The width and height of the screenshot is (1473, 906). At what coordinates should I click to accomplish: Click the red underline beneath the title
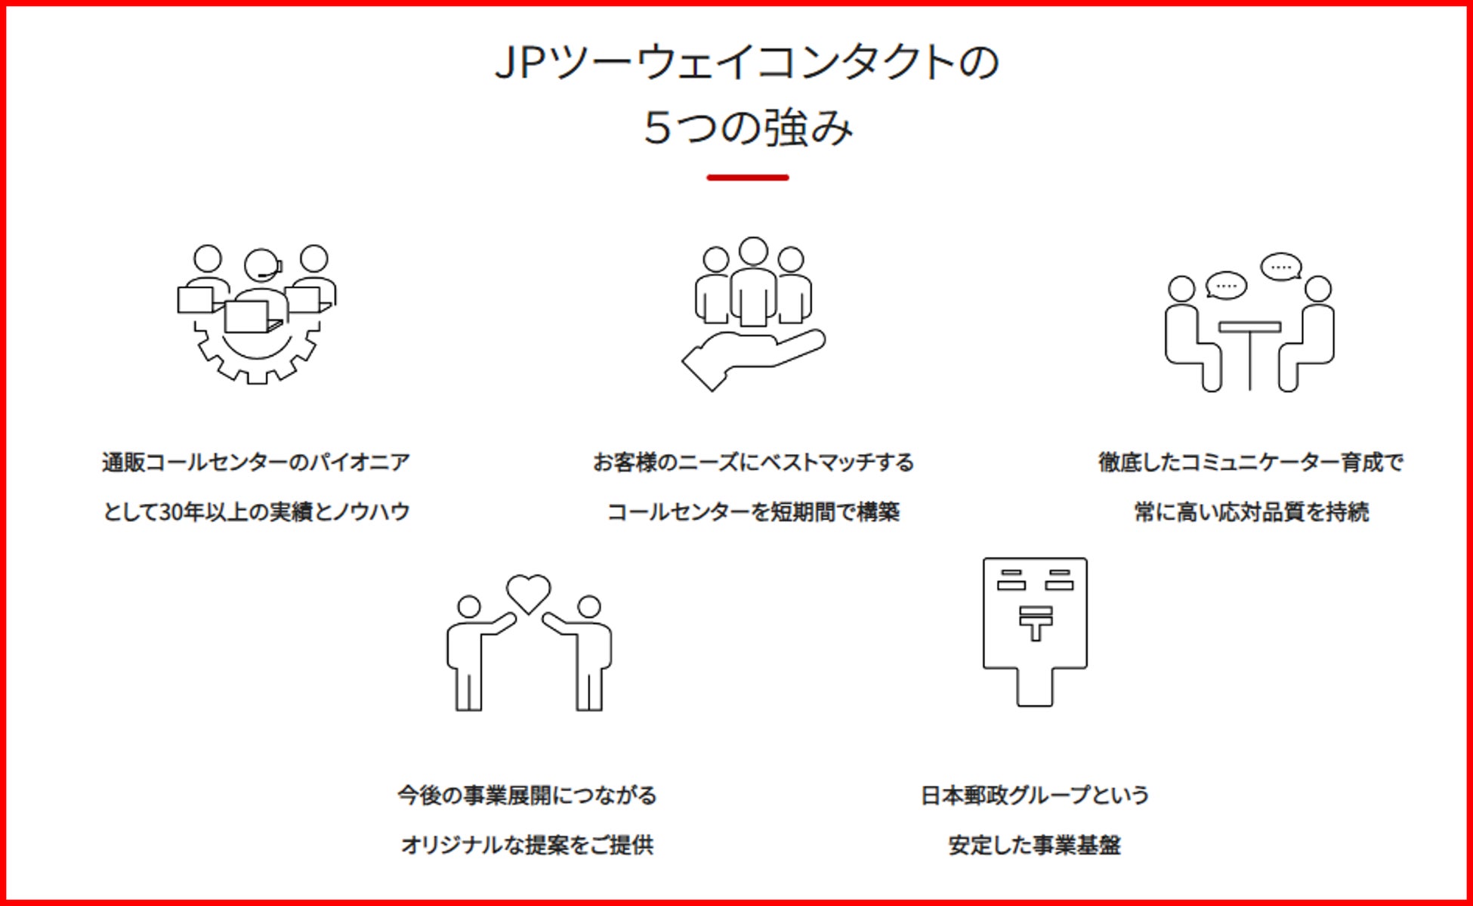(747, 178)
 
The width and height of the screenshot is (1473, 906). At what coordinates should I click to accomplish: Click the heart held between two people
(528, 592)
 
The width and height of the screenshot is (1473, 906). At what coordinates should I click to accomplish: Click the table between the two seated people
(1249, 327)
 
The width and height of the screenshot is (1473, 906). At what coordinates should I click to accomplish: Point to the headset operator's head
(261, 265)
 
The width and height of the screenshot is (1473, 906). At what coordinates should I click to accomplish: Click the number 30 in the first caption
(171, 512)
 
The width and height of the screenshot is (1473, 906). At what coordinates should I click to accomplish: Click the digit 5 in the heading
(657, 127)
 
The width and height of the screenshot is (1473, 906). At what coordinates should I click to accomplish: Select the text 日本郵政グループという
(1035, 795)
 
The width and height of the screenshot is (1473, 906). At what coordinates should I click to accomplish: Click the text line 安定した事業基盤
(1034, 845)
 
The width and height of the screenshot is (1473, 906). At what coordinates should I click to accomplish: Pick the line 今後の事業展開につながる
(527, 795)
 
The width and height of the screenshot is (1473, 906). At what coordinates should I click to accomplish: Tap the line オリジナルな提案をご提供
(527, 845)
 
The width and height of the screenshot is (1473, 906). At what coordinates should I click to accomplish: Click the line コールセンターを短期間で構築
(753, 512)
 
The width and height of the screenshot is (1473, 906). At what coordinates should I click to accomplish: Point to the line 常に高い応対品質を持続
(1251, 512)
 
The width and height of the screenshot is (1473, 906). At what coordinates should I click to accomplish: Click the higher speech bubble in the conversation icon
(1281, 267)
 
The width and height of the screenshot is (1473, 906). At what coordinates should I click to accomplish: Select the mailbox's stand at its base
(1035, 687)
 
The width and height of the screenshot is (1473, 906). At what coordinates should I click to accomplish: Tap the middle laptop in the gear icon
(248, 317)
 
